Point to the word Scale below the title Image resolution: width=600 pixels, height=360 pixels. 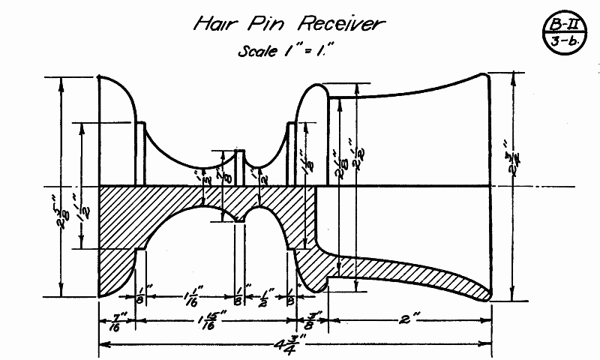(256, 52)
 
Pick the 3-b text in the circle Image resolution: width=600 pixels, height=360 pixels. (560, 40)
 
